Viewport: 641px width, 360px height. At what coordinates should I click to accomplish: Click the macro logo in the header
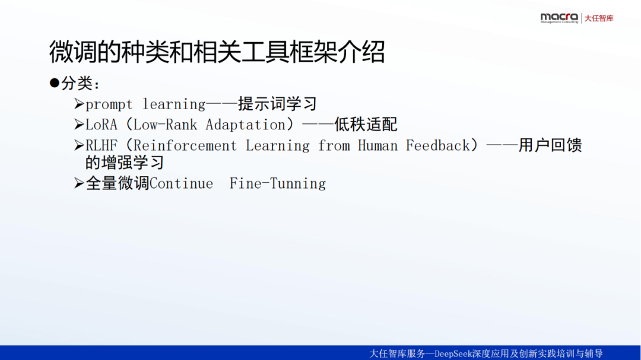click(559, 18)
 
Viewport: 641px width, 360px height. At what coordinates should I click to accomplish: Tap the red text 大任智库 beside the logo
click(599, 18)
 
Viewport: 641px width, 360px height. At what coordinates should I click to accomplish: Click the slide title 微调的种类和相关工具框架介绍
click(217, 52)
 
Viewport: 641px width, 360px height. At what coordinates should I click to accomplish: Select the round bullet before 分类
click(55, 83)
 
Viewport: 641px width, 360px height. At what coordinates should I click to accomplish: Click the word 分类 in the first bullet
click(77, 84)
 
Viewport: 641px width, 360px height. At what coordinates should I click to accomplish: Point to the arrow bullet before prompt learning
click(79, 104)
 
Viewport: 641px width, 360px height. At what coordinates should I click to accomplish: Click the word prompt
click(109, 104)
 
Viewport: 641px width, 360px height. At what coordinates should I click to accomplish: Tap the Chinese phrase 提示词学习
click(278, 104)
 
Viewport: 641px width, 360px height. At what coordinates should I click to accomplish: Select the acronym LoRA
click(101, 125)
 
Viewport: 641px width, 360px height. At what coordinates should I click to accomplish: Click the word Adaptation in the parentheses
click(245, 125)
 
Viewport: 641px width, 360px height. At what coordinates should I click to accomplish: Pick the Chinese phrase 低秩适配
click(366, 125)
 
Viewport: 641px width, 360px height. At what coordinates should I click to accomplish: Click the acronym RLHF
click(101, 145)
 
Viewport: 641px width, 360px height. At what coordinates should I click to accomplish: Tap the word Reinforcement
click(185, 145)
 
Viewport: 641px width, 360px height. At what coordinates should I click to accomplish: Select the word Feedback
click(438, 145)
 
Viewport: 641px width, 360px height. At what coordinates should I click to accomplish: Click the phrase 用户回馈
click(550, 145)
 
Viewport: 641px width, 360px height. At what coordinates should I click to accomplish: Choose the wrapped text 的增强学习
click(125, 163)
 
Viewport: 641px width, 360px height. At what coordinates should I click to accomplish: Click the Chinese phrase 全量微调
click(118, 183)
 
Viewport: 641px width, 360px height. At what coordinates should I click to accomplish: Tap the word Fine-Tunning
click(278, 184)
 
